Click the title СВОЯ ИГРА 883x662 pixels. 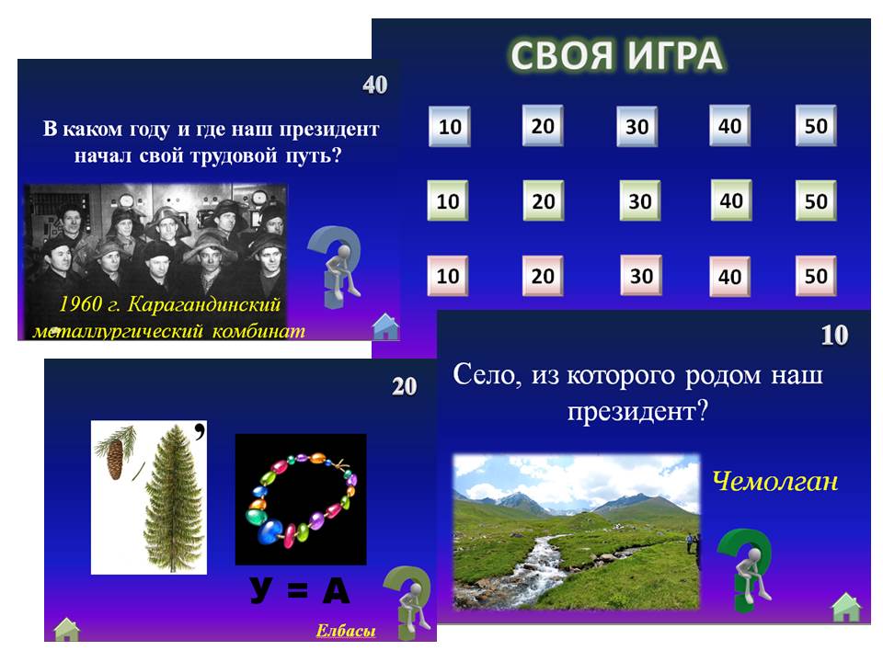click(x=616, y=56)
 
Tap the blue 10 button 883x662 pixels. click(x=450, y=126)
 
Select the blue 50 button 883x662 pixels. click(x=816, y=126)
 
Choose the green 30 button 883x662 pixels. click(x=640, y=200)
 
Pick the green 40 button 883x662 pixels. click(x=731, y=200)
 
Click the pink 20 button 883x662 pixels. click(x=543, y=276)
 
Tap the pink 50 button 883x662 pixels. click(x=816, y=276)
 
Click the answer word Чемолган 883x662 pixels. click(x=774, y=481)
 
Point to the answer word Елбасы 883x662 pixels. click(x=346, y=631)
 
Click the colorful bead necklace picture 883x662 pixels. click(x=301, y=499)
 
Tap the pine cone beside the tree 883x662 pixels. click(x=115, y=457)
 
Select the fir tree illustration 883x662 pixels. click(x=172, y=498)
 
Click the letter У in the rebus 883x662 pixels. click(x=261, y=590)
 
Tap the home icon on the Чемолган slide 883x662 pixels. click(x=846, y=608)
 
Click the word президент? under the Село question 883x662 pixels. click(x=637, y=412)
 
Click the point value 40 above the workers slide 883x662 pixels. click(x=375, y=85)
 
